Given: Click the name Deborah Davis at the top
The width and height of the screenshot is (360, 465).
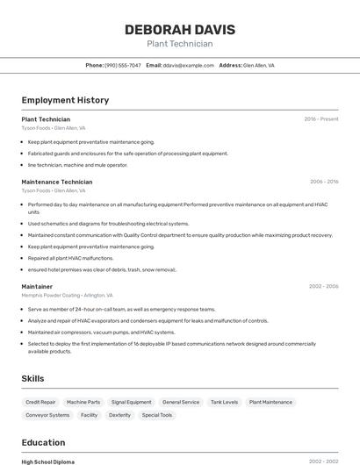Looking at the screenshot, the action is (179, 29).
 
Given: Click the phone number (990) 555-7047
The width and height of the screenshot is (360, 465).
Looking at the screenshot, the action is (122, 65).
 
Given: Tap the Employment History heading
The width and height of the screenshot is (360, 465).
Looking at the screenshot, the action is (65, 100).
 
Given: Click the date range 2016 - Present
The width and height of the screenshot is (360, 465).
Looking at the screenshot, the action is (320, 118).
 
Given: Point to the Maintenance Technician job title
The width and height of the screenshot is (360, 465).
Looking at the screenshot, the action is (56, 182).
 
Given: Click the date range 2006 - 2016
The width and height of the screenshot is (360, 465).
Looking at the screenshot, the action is (323, 182).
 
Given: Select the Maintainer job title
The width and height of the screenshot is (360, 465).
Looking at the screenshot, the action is (37, 286).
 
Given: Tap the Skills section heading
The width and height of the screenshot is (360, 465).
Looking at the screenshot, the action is (33, 378).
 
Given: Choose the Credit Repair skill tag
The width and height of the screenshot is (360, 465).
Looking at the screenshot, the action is (40, 402).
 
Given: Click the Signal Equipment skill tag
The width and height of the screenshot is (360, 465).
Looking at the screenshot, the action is (131, 402).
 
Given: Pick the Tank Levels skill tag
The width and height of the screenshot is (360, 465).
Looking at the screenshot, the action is (224, 402).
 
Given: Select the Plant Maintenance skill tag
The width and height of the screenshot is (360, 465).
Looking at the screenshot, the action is (270, 402).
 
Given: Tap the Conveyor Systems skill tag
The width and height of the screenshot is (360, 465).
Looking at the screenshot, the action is (47, 415).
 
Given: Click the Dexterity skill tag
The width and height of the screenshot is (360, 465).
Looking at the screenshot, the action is (119, 415).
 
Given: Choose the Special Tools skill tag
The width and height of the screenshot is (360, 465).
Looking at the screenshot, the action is (157, 415).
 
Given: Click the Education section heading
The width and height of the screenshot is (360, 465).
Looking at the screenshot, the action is (43, 442).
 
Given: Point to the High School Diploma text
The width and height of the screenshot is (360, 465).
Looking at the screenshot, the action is (48, 461).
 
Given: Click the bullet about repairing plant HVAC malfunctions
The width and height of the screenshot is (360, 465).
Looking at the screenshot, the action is (70, 258).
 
